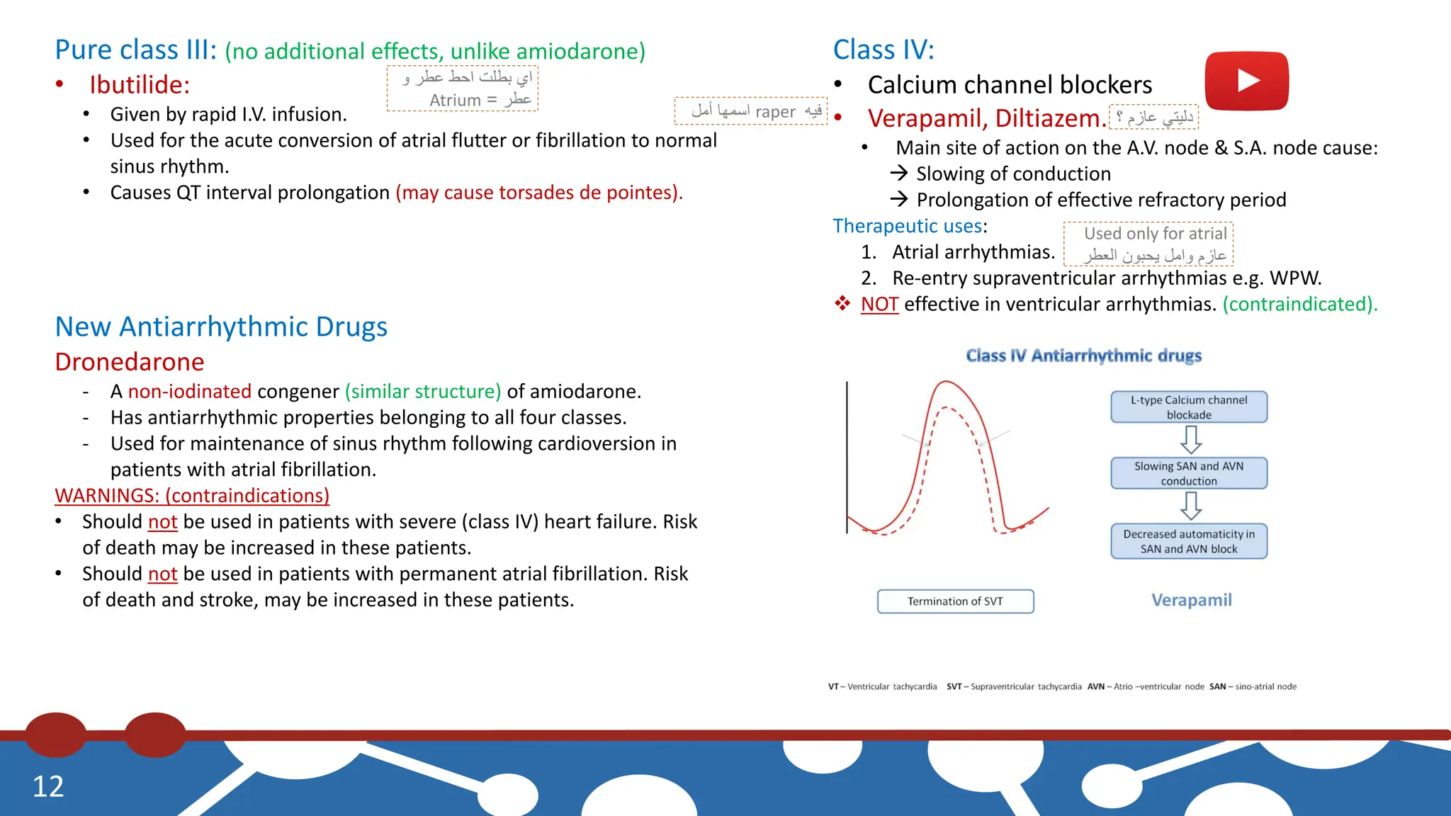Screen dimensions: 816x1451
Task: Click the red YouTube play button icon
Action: coord(1246,81)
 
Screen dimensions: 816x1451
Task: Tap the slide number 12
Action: coord(48,786)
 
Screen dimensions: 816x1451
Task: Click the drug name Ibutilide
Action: coord(140,85)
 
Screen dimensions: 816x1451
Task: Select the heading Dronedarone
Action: coord(130,362)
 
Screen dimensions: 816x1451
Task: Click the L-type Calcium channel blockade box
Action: coord(1189,407)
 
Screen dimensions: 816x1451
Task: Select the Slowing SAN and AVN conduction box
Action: coord(1189,473)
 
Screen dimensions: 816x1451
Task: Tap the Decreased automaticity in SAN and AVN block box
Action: coord(1189,541)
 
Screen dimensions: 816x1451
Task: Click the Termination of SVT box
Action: coord(955,601)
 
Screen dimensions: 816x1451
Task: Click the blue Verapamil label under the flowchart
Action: coord(1192,600)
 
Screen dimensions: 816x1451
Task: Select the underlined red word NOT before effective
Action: coord(879,305)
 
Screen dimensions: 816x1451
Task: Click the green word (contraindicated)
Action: coord(1300,305)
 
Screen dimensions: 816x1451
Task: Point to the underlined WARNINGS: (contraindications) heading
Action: coord(192,496)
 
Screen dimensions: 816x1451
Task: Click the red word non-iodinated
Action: coord(189,392)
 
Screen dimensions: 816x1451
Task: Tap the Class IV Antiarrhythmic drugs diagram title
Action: coord(1083,356)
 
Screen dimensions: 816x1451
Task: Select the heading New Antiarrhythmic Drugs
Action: coord(221,327)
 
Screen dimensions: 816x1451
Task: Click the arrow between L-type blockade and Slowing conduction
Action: coord(1191,440)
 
